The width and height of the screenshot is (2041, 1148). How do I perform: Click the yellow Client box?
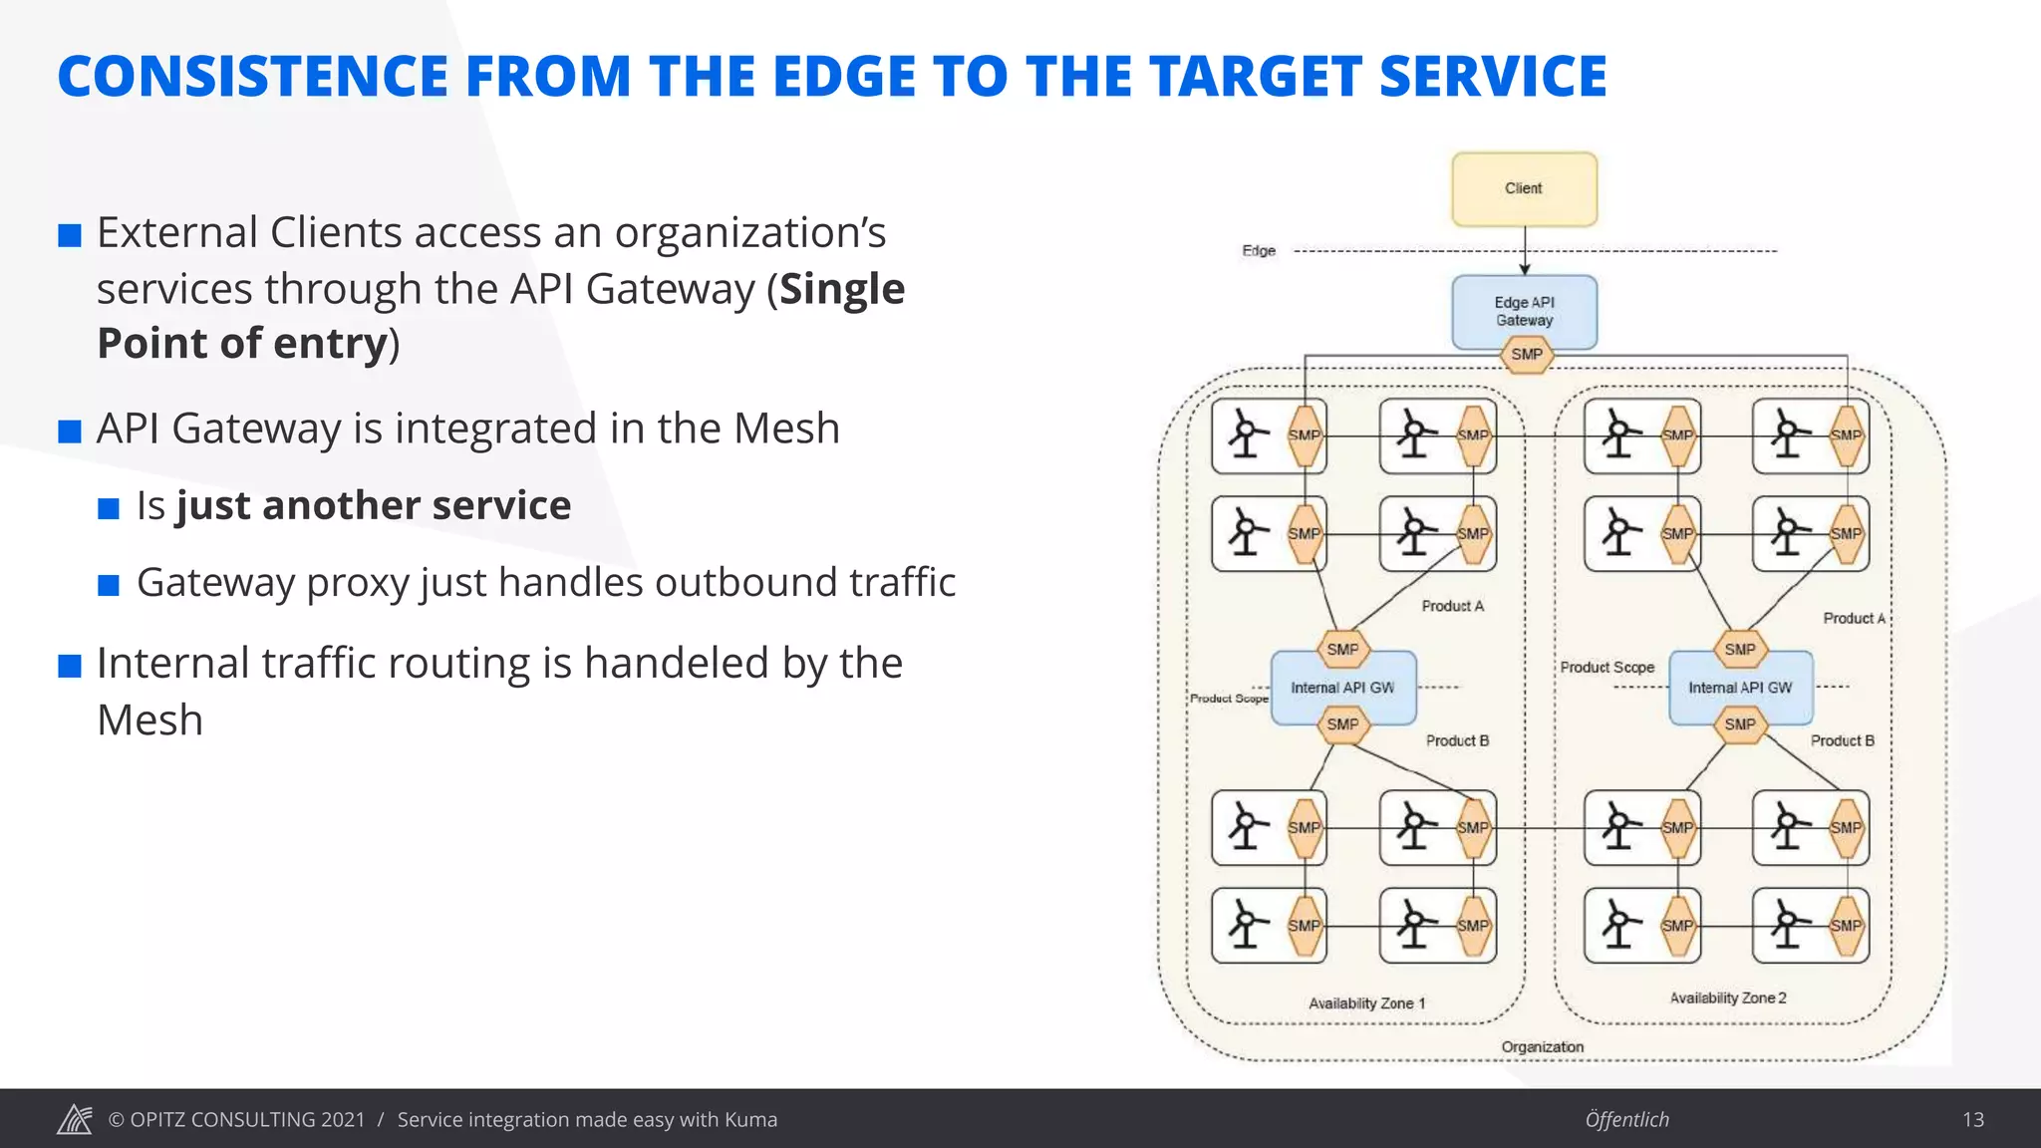coord(1524,189)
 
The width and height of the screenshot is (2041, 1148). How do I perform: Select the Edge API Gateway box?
coord(1524,310)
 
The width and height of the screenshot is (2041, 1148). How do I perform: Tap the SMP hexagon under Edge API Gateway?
coord(1526,355)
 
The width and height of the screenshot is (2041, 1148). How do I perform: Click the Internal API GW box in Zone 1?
coord(1342,688)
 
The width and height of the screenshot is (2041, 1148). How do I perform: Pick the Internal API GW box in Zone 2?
coord(1740,688)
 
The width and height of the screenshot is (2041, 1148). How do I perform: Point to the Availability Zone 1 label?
coord(1366,1004)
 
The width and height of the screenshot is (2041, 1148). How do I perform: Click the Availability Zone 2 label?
coord(1728,998)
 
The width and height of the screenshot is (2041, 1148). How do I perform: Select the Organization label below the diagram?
coord(1542,1046)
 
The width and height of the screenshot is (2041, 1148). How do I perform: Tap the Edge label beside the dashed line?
coord(1259,251)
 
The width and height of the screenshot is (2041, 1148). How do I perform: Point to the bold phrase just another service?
coord(374,505)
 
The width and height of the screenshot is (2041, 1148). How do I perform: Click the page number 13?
coord(1972,1119)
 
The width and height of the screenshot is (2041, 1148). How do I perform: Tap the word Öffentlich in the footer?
coord(1626,1119)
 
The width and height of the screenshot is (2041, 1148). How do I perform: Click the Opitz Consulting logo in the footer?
coord(75,1119)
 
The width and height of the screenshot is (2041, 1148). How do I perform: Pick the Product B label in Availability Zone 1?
coord(1456,740)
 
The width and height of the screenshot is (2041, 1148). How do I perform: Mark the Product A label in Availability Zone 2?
coord(1853,618)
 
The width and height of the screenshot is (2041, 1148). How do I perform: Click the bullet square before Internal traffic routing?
coord(70,666)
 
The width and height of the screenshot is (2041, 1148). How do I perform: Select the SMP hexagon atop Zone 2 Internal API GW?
coord(1739,650)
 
